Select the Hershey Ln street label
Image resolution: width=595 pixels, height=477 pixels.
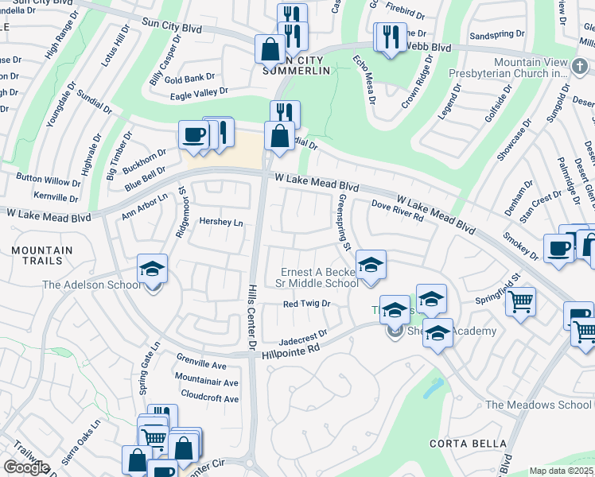(220, 223)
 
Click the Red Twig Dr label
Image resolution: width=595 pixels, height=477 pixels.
(306, 304)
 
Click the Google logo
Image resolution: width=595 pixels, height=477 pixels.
(26, 467)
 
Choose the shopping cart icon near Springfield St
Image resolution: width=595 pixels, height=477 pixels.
(520, 301)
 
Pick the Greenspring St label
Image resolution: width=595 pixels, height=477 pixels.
(345, 223)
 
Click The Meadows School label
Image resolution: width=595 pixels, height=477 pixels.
(539, 405)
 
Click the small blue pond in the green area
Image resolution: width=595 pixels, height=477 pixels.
(434, 388)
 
